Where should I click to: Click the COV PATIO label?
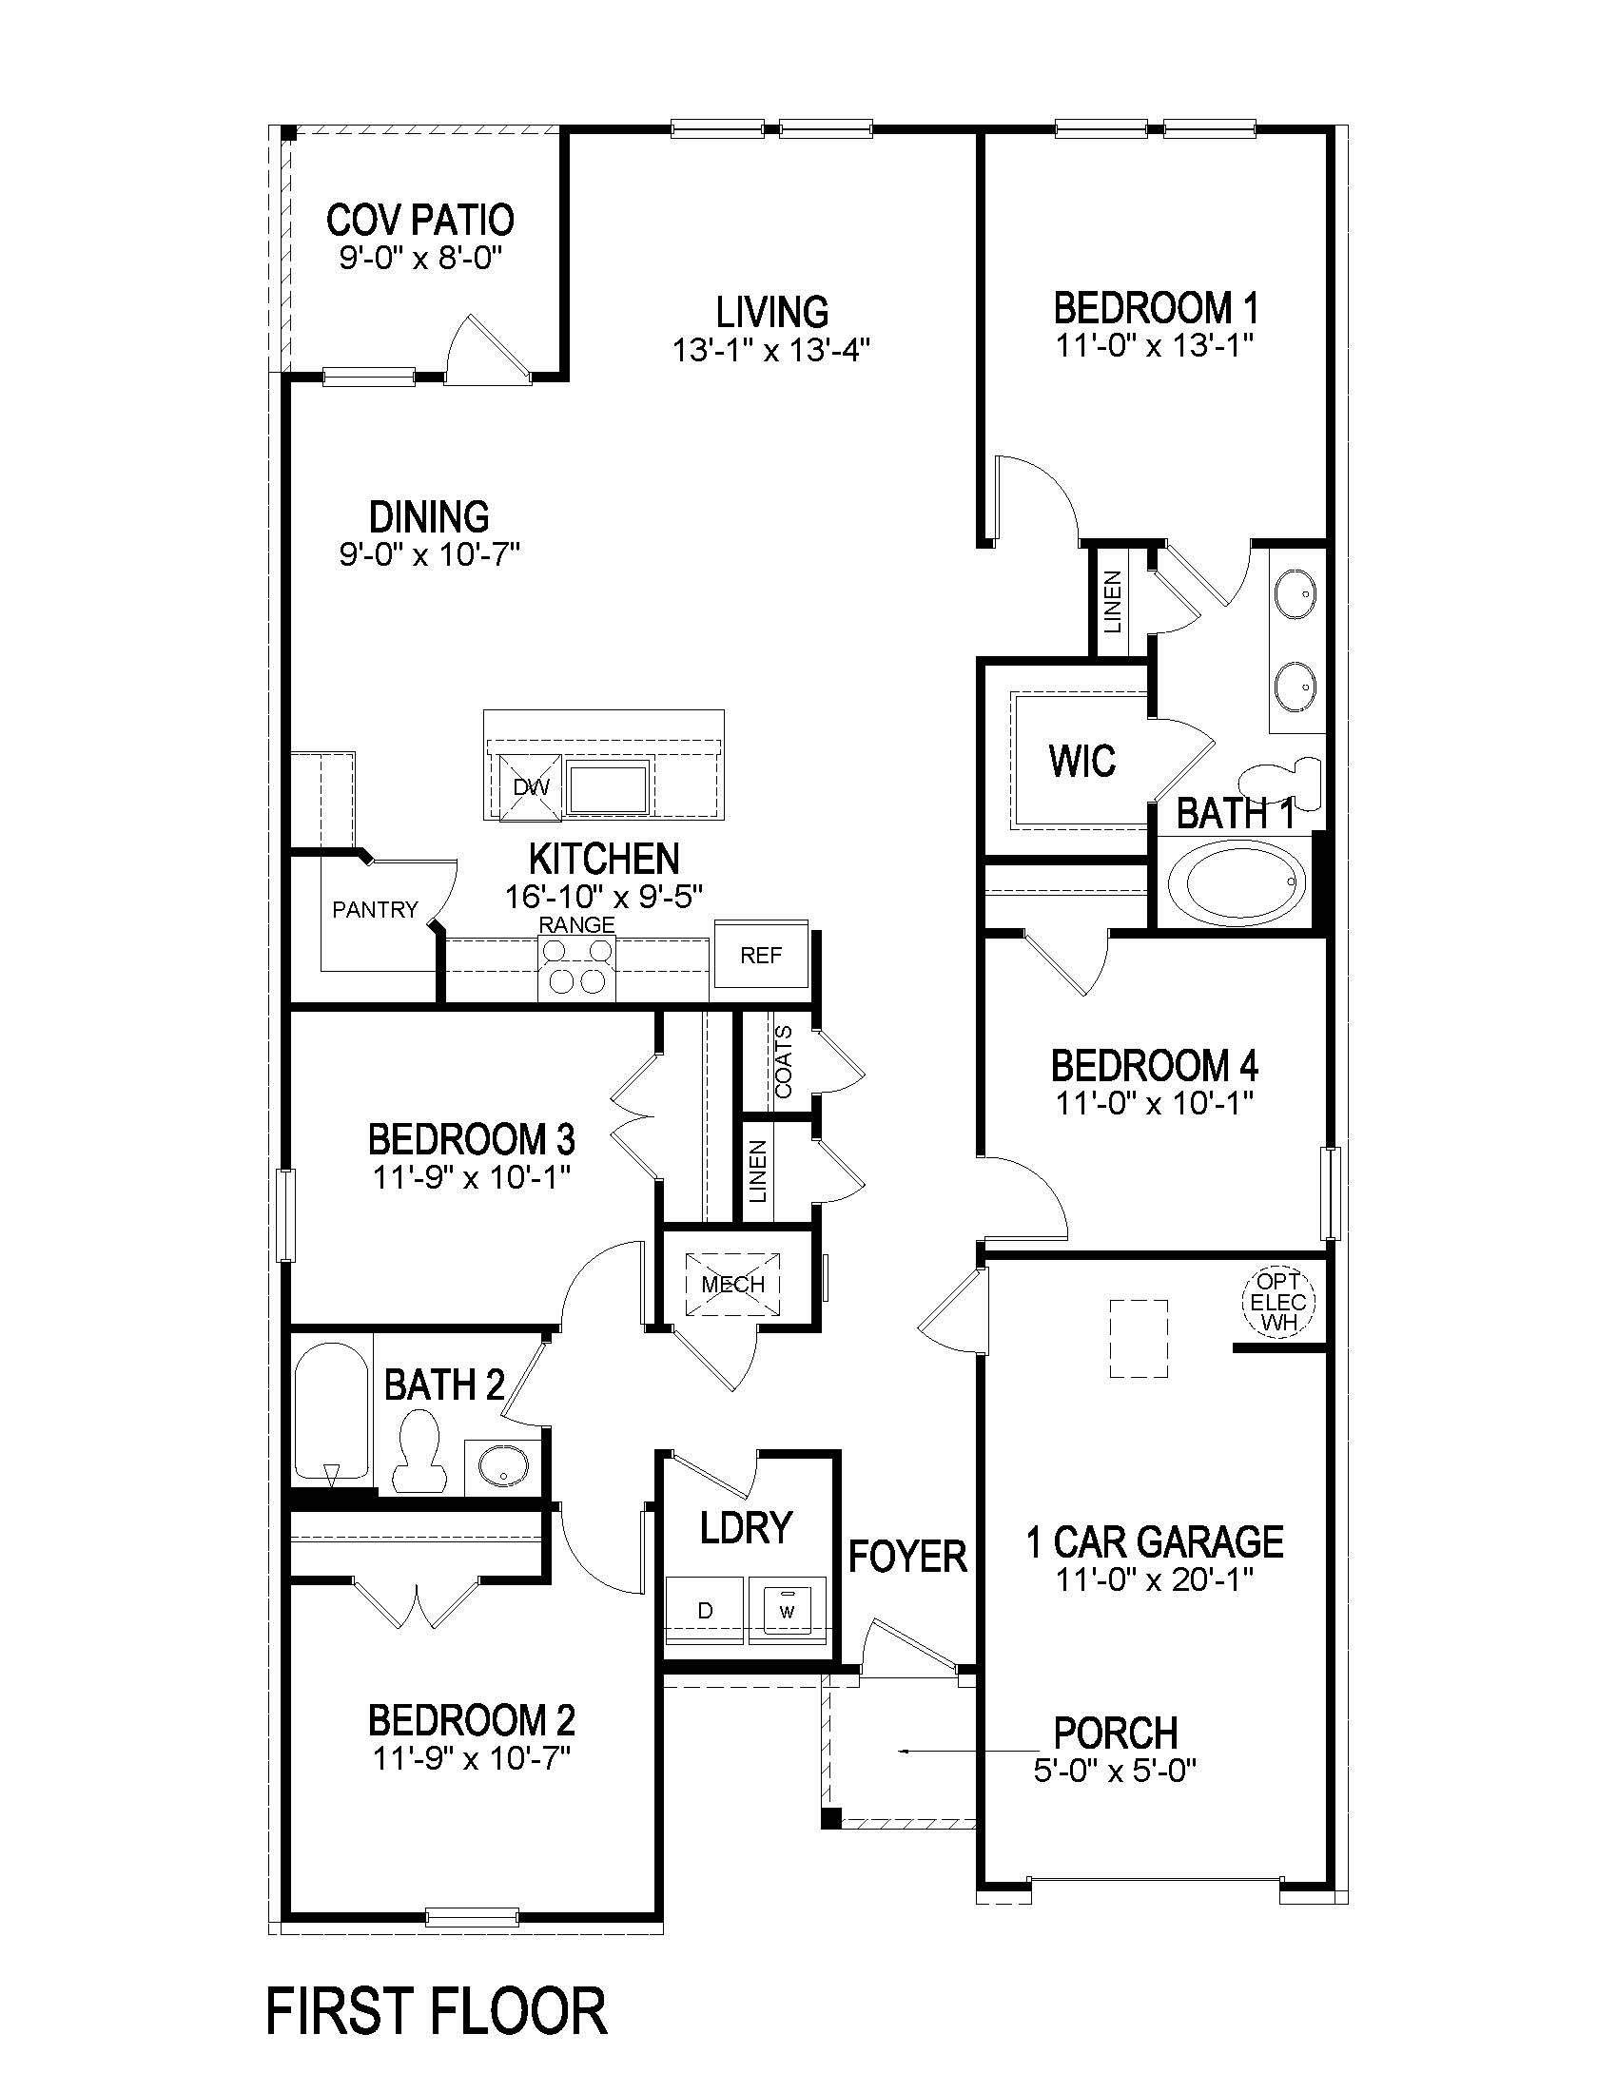(x=419, y=221)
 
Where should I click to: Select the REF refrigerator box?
(x=761, y=955)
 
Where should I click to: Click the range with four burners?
(x=575, y=966)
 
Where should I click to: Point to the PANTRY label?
(x=375, y=909)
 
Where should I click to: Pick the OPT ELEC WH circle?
(x=1277, y=1302)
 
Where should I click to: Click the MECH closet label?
(x=732, y=1285)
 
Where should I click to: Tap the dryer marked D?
(x=705, y=1610)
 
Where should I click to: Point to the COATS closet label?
(x=784, y=1061)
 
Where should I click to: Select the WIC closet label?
(x=1081, y=762)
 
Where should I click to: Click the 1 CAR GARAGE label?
(x=1155, y=1542)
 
